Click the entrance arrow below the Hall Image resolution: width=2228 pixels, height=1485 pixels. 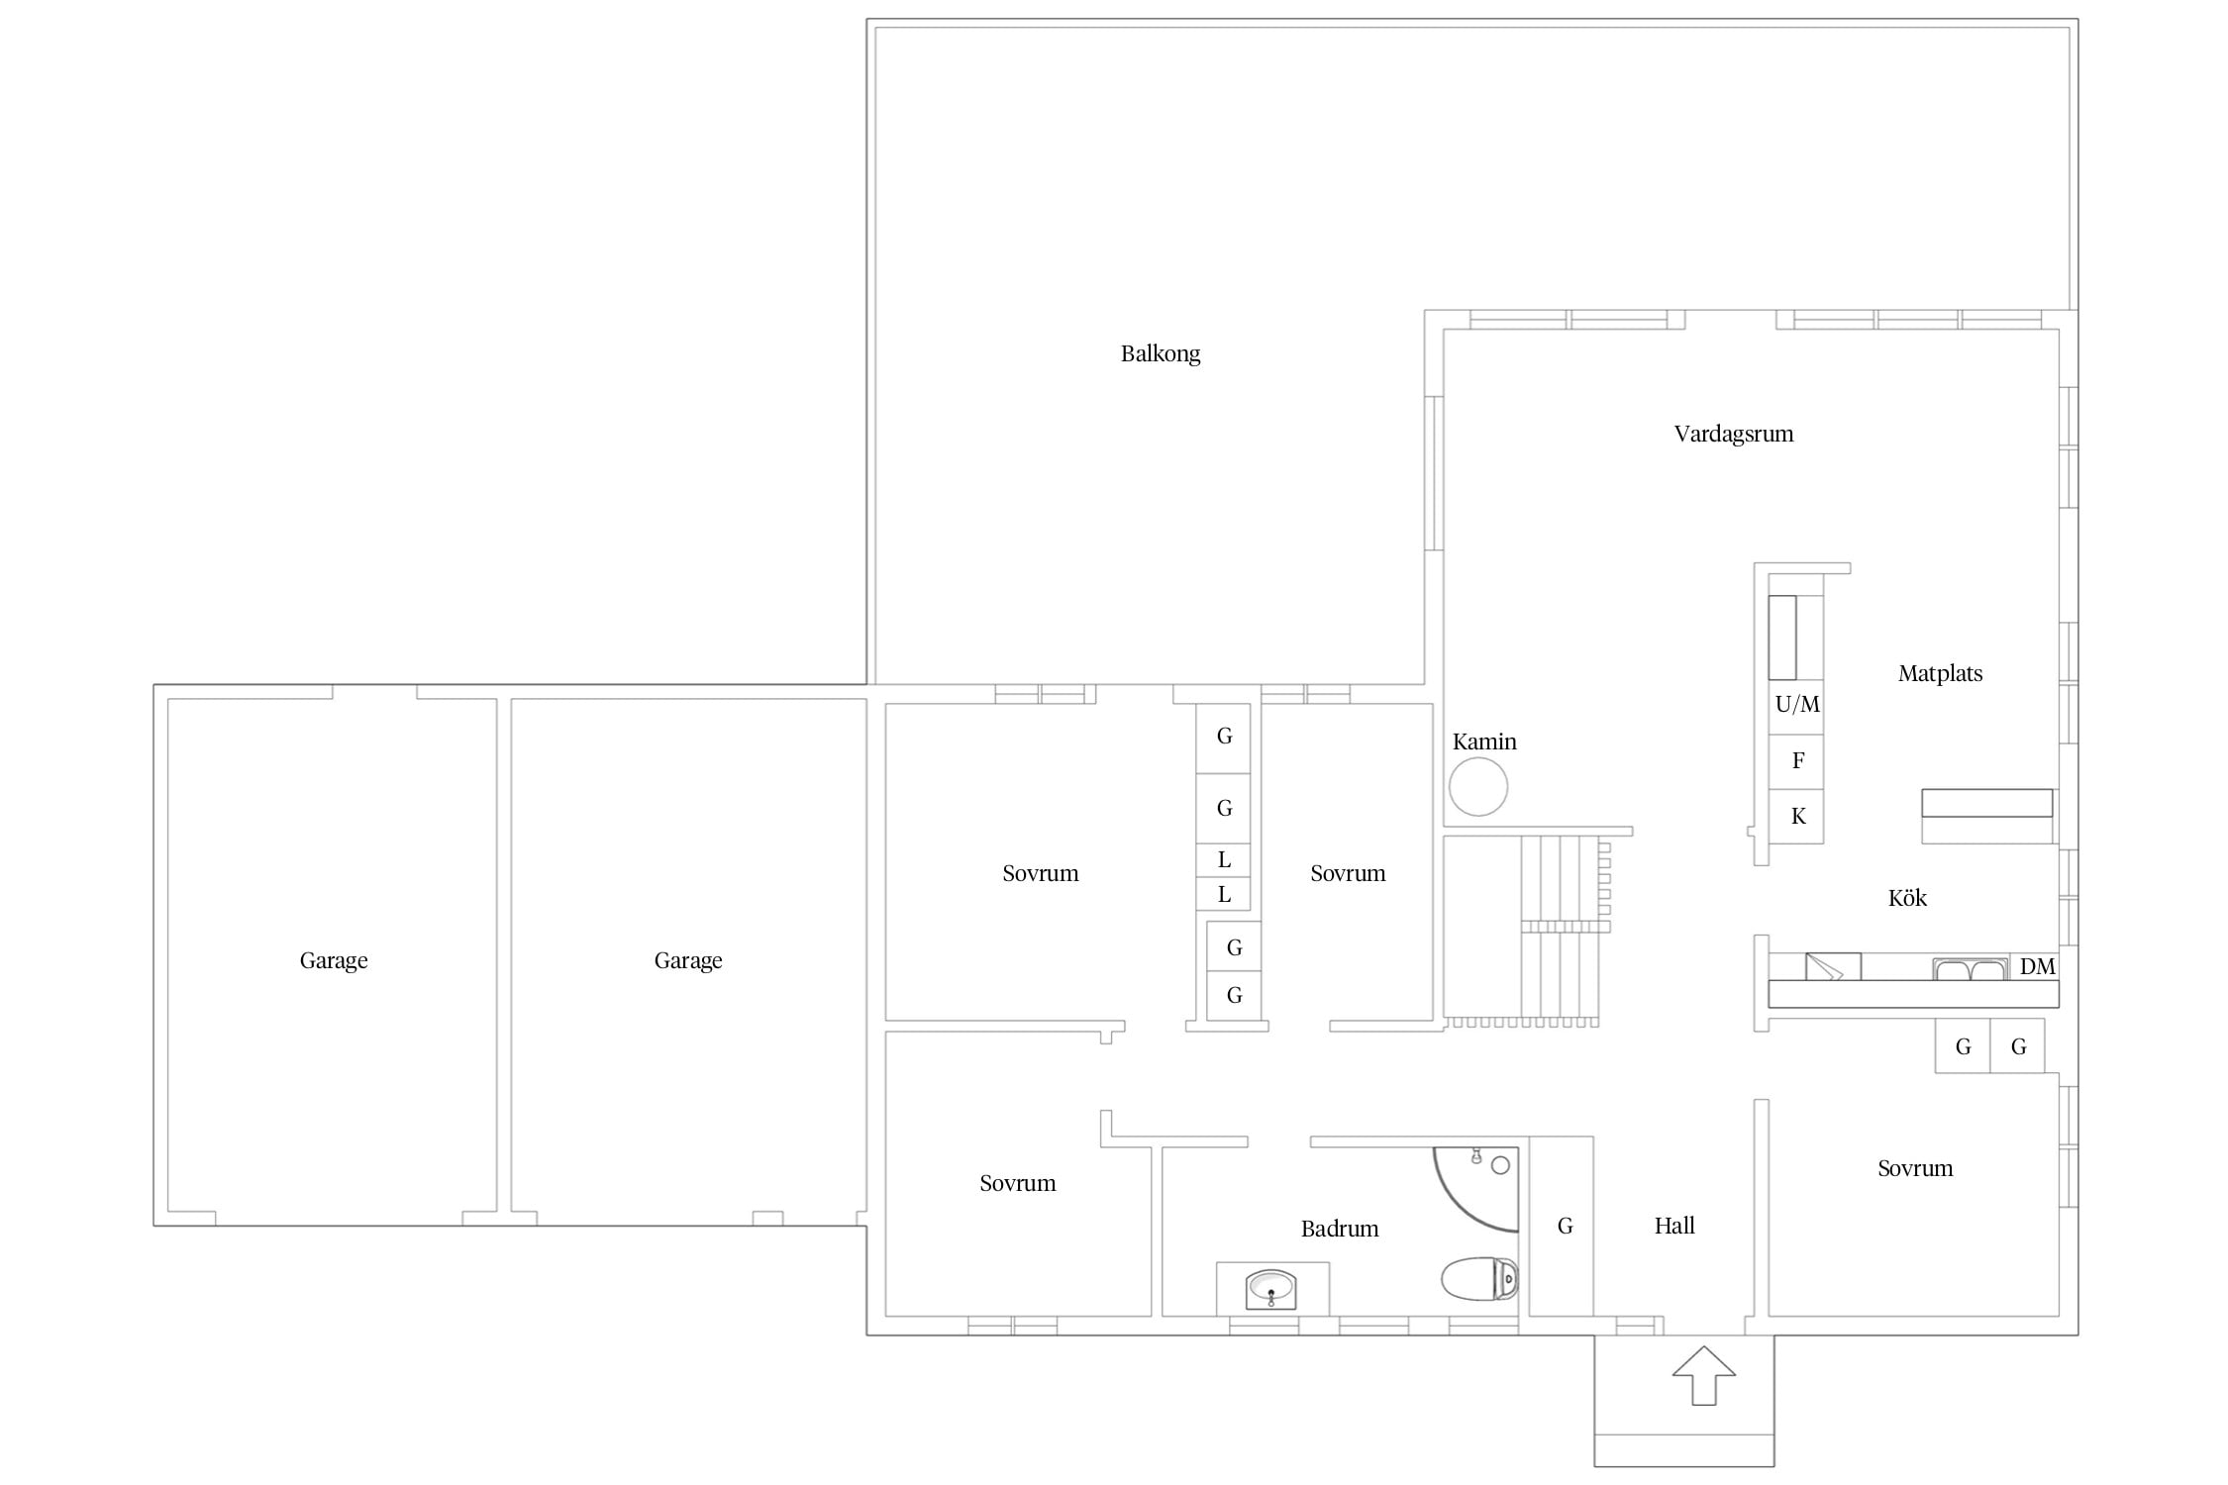point(1703,1375)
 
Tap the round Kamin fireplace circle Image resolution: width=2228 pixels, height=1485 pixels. point(1478,786)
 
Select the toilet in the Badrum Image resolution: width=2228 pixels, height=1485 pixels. point(1479,1278)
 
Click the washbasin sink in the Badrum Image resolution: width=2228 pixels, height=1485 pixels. point(1271,1289)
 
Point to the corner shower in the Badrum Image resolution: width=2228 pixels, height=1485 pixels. point(1475,1189)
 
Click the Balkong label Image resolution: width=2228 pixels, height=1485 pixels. point(1161,354)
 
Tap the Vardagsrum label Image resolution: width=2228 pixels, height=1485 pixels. point(1734,434)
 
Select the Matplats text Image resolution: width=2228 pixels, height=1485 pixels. point(1940,673)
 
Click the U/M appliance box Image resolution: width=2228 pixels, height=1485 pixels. point(1796,706)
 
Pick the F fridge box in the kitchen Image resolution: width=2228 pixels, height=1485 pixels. point(1796,761)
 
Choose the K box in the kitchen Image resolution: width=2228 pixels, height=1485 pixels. point(1796,817)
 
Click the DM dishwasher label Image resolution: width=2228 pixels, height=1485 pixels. point(2037,966)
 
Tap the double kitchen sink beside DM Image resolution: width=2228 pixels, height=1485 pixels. point(1971,968)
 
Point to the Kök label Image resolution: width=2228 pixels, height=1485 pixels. point(1907,898)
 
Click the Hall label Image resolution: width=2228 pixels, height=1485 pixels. point(1674,1226)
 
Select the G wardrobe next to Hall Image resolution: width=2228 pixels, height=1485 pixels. point(1562,1226)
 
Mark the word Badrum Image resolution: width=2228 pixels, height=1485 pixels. point(1340,1229)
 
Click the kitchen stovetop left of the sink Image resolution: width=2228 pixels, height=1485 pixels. point(1833,966)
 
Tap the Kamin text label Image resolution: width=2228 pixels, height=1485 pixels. point(1484,742)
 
